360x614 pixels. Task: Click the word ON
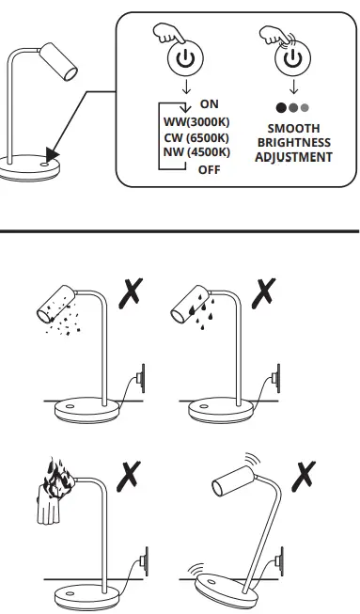click(x=210, y=103)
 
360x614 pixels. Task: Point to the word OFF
click(x=209, y=170)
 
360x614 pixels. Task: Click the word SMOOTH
click(x=293, y=128)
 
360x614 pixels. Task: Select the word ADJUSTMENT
click(x=293, y=157)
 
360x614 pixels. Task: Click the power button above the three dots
click(x=293, y=58)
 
